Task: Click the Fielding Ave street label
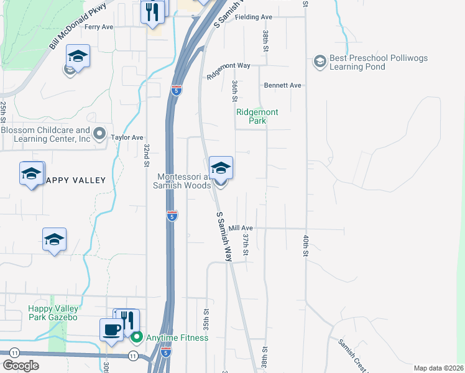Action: [x=254, y=17]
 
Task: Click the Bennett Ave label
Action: [x=282, y=85]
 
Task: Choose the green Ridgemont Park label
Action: [x=257, y=116]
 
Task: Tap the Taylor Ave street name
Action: [x=127, y=137]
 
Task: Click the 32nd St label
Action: [x=147, y=155]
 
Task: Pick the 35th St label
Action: [x=206, y=317]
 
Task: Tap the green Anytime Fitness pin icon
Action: [x=137, y=338]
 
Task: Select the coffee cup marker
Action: [x=112, y=330]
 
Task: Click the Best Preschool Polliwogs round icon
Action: [x=320, y=61]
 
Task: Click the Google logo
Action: [x=21, y=366]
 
